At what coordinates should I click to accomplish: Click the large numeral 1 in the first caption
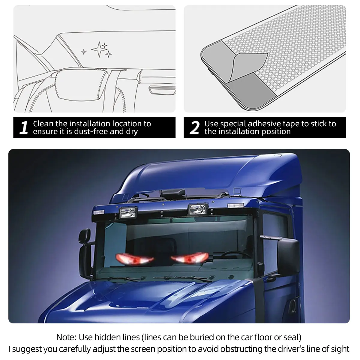tap(24, 127)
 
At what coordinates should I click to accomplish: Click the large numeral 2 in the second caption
tap(194, 127)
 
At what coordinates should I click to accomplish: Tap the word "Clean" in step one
tap(43, 124)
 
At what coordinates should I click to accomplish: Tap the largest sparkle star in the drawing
tap(99, 49)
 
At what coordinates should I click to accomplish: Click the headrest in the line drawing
tap(82, 85)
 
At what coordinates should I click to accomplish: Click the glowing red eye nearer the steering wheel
tap(190, 258)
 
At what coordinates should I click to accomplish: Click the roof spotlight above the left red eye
tap(128, 213)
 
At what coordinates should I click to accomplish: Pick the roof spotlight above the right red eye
tap(198, 209)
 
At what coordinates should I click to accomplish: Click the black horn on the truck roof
tap(174, 193)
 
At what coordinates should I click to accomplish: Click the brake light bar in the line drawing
tap(162, 90)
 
